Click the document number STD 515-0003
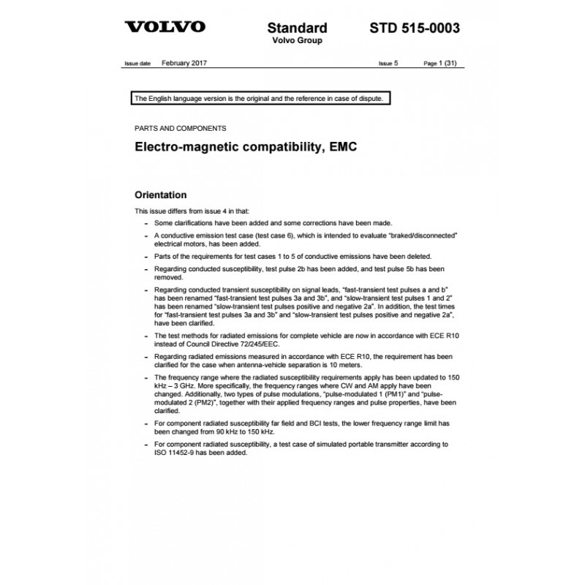click(x=416, y=29)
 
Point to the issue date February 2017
click(x=184, y=64)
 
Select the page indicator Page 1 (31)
click(x=442, y=64)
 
